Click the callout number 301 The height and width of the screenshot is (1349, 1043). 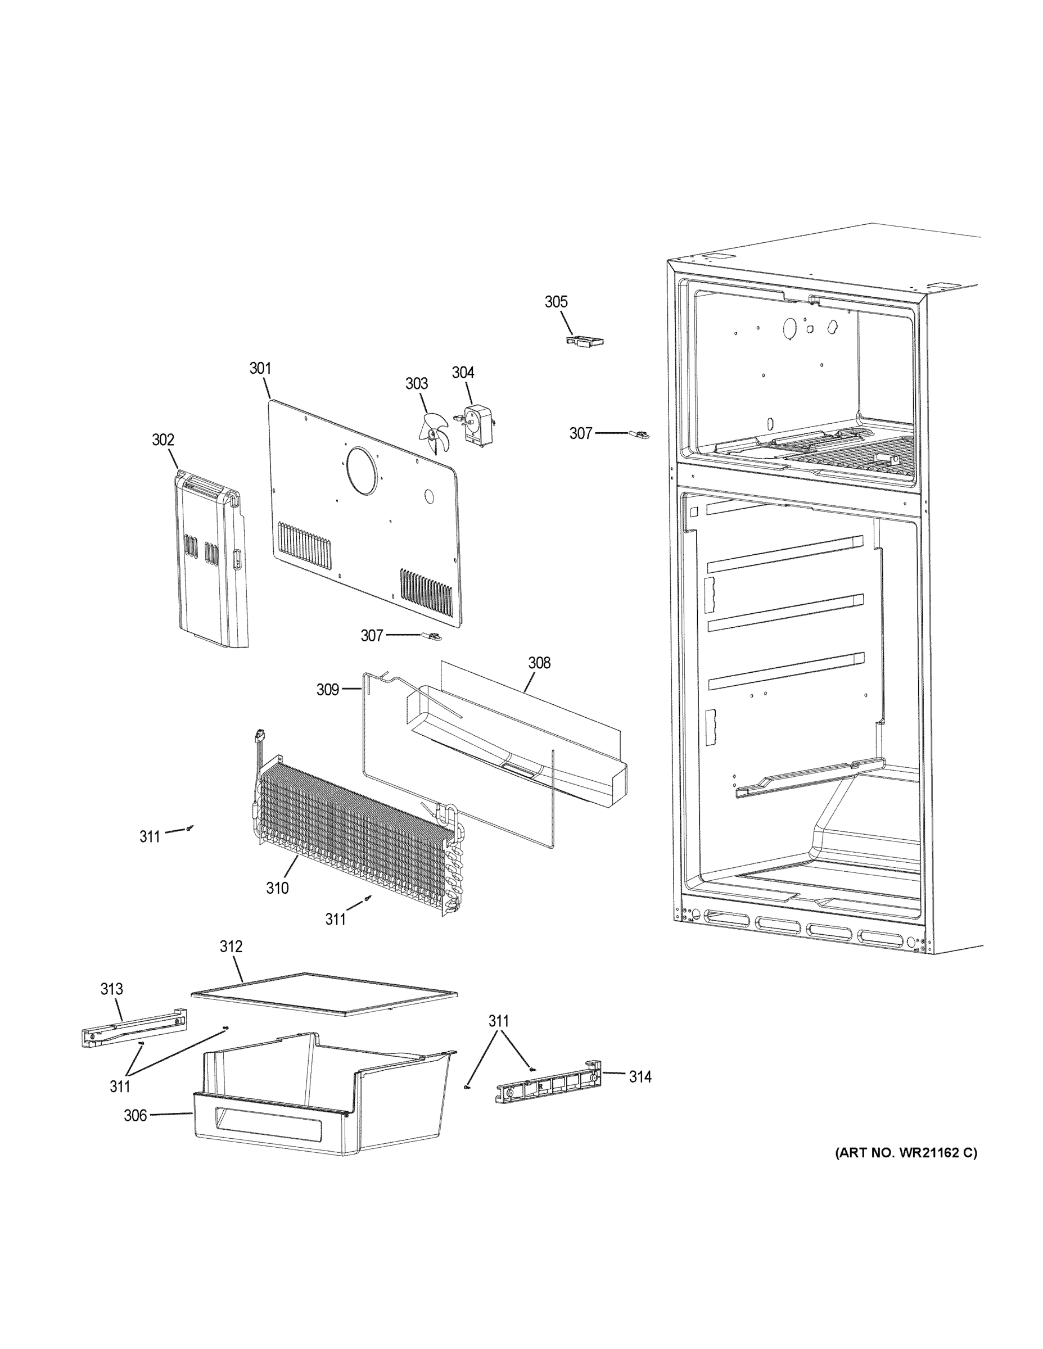[x=260, y=369]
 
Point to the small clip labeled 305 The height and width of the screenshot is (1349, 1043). [x=584, y=342]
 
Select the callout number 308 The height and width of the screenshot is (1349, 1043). [x=539, y=663]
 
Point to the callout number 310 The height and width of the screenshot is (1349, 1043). [x=277, y=888]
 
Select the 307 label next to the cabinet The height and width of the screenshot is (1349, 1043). [x=581, y=434]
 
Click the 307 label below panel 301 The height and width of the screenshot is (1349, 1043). [x=372, y=636]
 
